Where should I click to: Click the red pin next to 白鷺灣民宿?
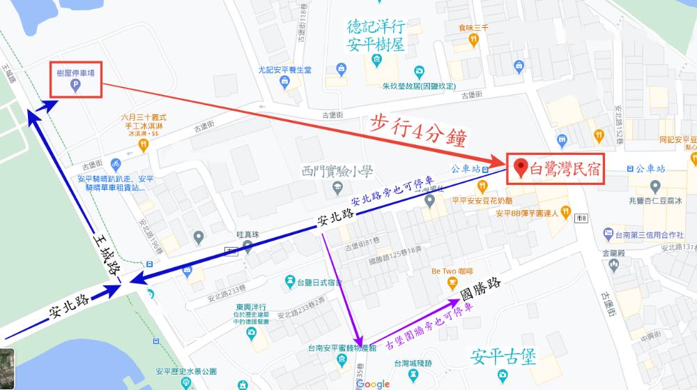point(519,168)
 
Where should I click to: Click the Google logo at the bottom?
point(376,384)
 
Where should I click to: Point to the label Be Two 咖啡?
point(453,270)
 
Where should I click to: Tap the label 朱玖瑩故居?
point(418,87)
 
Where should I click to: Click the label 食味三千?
point(473,28)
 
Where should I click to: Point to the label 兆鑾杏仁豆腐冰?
point(654,200)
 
